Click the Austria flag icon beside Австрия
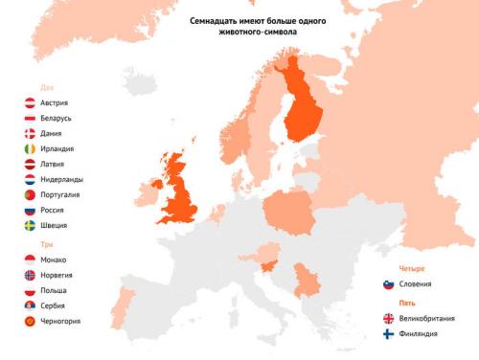coord(30,102)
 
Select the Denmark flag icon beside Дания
coord(30,133)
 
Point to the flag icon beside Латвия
coord(30,164)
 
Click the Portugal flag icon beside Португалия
coord(30,194)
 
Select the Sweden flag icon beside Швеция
coord(30,225)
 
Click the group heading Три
coord(33,244)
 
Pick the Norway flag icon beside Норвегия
coord(30,275)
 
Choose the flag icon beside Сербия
coord(30,305)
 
